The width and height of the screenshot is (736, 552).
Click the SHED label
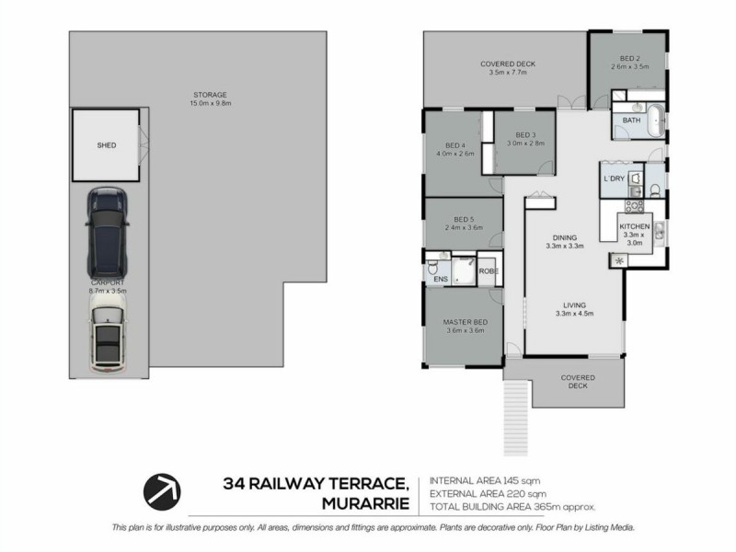point(107,145)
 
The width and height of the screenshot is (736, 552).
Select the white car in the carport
point(109,333)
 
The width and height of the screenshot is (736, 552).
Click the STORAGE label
point(210,95)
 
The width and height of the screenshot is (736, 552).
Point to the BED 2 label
point(629,58)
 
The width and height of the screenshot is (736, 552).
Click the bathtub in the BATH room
point(654,121)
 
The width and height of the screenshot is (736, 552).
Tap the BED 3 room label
point(525,135)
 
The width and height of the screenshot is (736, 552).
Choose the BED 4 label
point(455,145)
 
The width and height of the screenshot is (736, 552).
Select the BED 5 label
point(464,219)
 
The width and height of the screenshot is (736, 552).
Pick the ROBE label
point(489,272)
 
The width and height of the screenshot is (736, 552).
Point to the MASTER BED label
point(465,322)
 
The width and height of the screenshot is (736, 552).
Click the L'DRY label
point(614,178)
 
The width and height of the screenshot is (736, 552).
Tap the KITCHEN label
point(635,226)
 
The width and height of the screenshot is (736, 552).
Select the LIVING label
point(574,305)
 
